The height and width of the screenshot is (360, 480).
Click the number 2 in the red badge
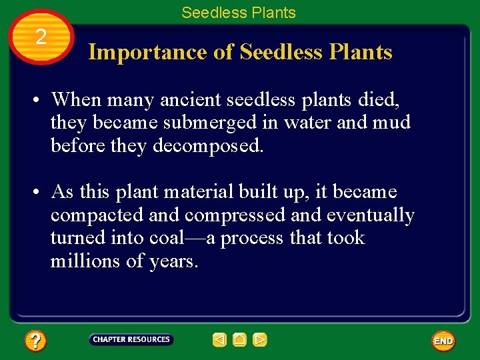pyautogui.click(x=41, y=37)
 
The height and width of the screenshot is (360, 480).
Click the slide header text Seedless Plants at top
pyautogui.click(x=239, y=13)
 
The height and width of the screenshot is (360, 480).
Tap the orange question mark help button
pyautogui.click(x=35, y=341)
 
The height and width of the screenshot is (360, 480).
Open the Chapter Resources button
pyautogui.click(x=131, y=340)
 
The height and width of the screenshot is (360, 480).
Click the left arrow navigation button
pyautogui.click(x=219, y=340)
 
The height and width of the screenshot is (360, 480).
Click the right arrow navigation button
pyautogui.click(x=260, y=340)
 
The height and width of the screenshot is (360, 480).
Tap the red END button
pyautogui.click(x=443, y=341)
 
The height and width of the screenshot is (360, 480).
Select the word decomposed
pyautogui.click(x=209, y=146)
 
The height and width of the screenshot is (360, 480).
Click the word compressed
pyautogui.click(x=231, y=215)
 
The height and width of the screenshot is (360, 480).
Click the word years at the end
pyautogui.click(x=173, y=262)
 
